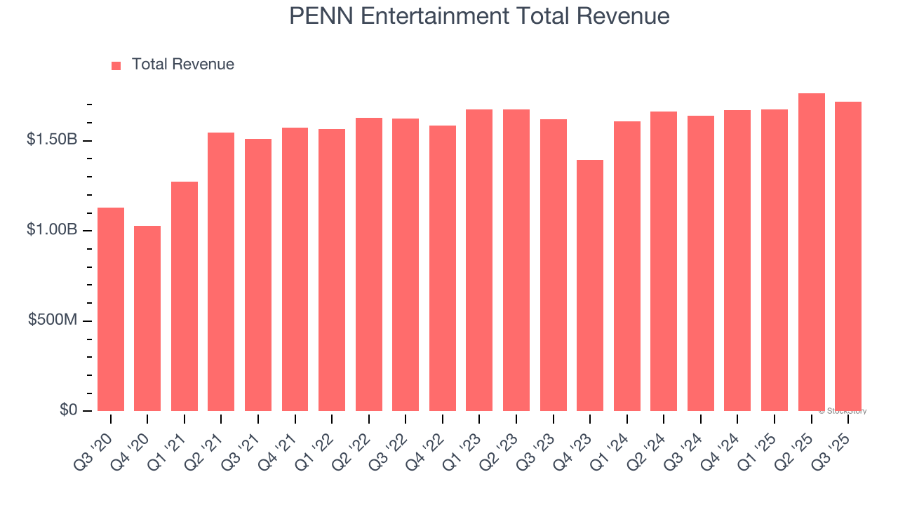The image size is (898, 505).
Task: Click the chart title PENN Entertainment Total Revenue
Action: click(479, 16)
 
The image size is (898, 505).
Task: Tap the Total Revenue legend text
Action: click(182, 65)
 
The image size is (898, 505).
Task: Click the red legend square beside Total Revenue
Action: click(116, 65)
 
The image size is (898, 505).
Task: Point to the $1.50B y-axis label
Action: click(53, 140)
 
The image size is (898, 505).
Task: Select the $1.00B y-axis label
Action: click(53, 230)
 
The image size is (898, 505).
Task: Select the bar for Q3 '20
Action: click(111, 309)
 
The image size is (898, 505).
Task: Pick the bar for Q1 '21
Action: click(185, 296)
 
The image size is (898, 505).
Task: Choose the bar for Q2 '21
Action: click(221, 271)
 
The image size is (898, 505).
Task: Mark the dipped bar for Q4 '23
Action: click(590, 285)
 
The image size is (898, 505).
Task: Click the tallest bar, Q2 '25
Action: click(811, 252)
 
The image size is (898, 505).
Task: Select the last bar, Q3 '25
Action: click(848, 256)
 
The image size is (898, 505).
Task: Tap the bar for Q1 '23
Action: click(479, 260)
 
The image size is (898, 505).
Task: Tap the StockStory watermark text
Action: click(843, 411)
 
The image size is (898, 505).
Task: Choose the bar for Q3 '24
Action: click(700, 263)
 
